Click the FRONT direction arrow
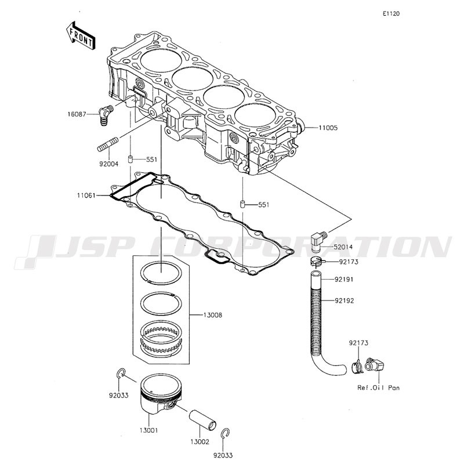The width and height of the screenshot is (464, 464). point(81,35)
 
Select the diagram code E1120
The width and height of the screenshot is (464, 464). point(391,13)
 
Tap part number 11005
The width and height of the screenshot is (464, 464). point(328,128)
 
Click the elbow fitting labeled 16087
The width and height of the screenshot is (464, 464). point(106,115)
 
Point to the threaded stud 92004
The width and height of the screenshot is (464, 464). point(108,144)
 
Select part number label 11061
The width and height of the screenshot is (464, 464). point(86,195)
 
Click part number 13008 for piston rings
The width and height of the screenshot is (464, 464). point(212,315)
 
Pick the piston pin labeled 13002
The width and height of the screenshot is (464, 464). point(202,419)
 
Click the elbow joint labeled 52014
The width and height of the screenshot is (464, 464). point(318,241)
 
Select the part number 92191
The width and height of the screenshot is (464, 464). point(344,280)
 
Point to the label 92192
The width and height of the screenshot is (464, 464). point(345,300)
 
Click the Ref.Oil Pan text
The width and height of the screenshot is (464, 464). point(379,387)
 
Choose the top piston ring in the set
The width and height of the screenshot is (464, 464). point(161,273)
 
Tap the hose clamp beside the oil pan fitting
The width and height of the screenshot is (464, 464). point(357,367)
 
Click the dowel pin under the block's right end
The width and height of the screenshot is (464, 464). point(242,204)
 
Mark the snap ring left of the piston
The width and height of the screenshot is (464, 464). point(121,374)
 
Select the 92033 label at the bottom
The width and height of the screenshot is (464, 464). point(223,455)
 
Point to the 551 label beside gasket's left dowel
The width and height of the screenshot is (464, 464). point(152,159)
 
